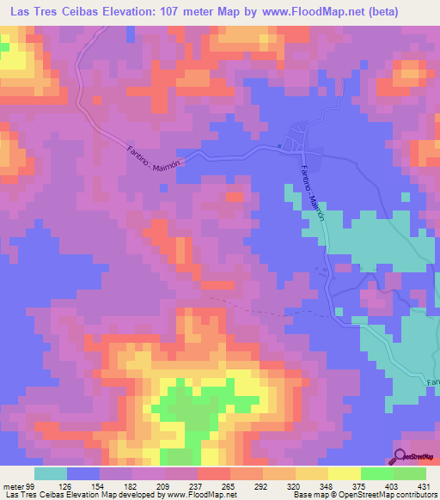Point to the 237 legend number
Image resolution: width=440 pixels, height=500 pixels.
pyautogui.click(x=205, y=485)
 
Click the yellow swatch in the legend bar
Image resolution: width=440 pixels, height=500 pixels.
pyautogui.click(x=344, y=473)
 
